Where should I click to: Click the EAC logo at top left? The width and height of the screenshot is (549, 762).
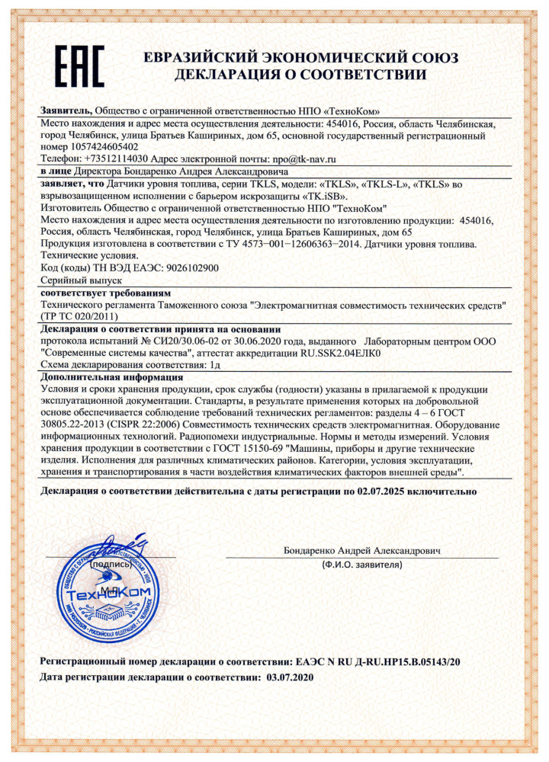(79, 65)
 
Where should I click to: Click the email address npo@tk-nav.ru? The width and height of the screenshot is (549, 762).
(299, 159)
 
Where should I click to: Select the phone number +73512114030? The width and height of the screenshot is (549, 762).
(109, 159)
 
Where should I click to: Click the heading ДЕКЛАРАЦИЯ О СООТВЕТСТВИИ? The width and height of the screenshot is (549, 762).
(300, 75)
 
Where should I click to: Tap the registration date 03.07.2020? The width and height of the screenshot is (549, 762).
(289, 677)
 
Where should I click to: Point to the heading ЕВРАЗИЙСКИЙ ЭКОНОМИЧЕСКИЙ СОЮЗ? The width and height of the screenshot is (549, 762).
(300, 59)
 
